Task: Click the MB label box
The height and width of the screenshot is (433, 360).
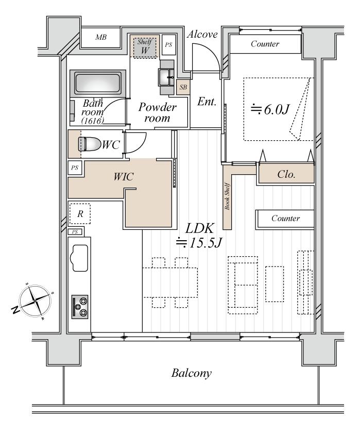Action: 101,37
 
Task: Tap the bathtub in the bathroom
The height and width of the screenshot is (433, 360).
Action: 98,82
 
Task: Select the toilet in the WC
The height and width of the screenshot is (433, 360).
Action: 87,144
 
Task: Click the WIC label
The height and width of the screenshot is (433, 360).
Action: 124,177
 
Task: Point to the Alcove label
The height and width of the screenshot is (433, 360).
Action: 202,35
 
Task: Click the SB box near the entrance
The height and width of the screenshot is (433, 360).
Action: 183,88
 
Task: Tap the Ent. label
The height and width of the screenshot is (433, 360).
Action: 207,102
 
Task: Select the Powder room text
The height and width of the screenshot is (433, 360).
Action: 158,112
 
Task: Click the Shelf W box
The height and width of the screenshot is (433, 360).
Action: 145,47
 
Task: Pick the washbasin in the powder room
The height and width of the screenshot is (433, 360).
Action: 167,78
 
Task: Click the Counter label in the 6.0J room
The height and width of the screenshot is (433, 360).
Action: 265,44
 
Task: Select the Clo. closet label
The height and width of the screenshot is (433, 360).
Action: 286,174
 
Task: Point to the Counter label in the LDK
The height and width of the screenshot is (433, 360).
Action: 285,219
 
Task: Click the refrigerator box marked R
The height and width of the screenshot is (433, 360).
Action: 80,213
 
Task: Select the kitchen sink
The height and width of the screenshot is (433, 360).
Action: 80,258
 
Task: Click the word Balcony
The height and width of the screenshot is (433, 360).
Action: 192,373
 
